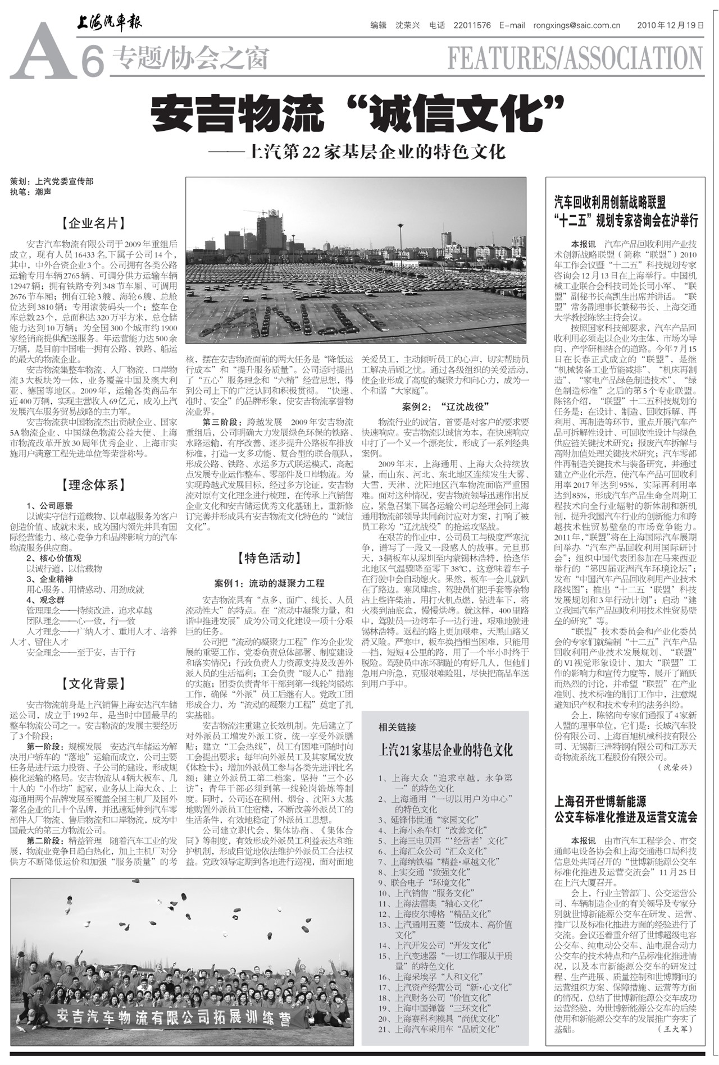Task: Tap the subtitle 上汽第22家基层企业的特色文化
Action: (365, 152)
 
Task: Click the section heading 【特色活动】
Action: (269, 557)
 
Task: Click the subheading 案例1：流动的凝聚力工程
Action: (269, 583)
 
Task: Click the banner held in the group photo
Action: (175, 1015)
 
